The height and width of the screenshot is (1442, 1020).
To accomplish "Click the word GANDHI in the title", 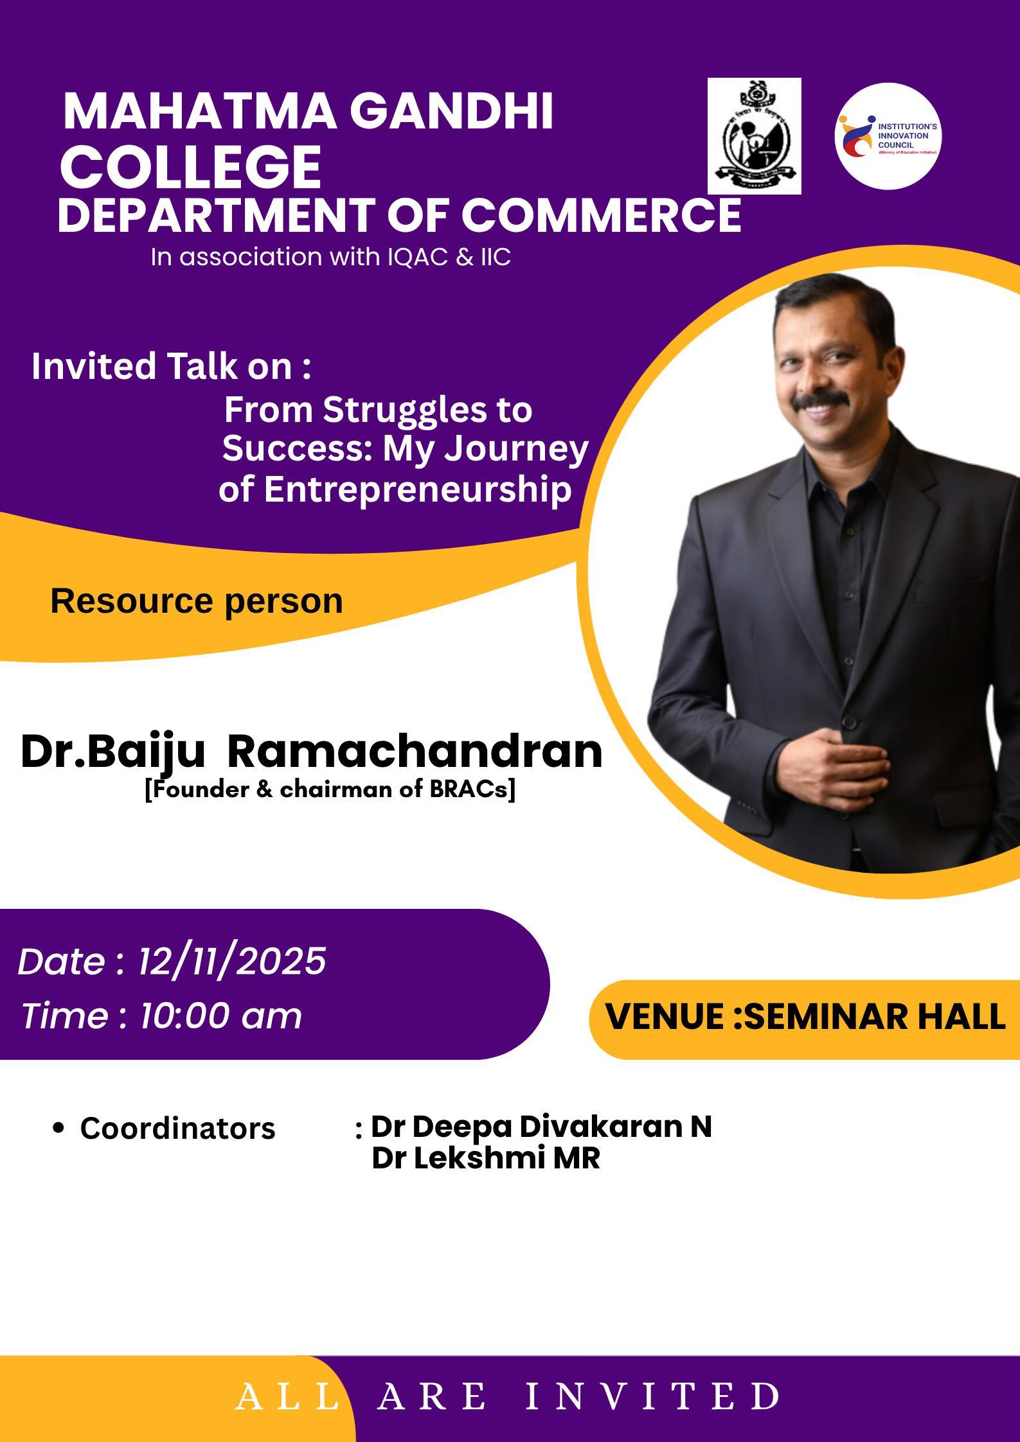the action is click(x=452, y=111).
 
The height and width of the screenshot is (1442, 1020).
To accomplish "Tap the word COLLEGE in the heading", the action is click(x=191, y=166).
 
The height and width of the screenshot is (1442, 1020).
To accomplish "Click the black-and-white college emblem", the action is click(x=755, y=136).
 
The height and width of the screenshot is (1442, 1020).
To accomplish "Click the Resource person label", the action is click(x=197, y=601).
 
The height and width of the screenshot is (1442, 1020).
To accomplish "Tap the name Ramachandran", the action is click(x=415, y=752).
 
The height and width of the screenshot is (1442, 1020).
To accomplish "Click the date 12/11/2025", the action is click(x=232, y=962).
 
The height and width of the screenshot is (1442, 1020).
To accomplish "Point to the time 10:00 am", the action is click(x=220, y=1016).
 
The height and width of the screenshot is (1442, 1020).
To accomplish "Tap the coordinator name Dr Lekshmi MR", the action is click(x=486, y=1159).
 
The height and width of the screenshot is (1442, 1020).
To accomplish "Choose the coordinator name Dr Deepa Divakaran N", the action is click(x=541, y=1126).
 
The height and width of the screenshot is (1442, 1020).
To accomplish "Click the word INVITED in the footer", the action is click(x=653, y=1396).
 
